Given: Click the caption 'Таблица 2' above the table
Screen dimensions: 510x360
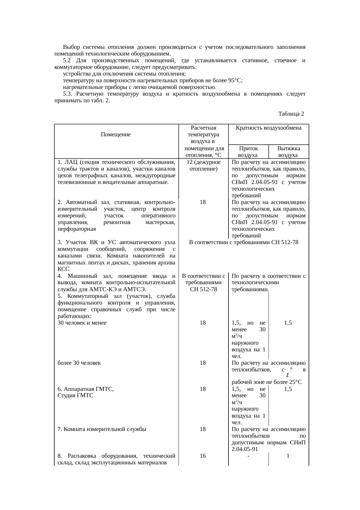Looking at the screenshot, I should pos(291,114).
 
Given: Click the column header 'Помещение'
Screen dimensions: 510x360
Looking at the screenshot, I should pos(116,135).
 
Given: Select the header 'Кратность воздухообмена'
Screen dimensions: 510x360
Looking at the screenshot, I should pos(268,128).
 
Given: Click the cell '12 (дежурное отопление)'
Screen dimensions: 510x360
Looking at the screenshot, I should pos(203,165).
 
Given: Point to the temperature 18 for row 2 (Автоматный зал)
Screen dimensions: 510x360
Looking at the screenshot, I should pos(203,202).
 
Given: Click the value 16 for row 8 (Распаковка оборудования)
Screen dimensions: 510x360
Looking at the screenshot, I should pos(203,456).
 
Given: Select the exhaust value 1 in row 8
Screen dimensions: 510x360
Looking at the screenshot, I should pos(288,456).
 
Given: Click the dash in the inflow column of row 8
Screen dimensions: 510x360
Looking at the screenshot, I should pos(249,456).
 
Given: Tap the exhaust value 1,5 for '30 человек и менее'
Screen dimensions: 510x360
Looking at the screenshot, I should pos(288,323).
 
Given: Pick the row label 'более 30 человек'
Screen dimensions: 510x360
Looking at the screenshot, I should pos(79,363).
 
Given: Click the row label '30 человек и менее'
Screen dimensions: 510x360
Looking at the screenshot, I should pos(82,323).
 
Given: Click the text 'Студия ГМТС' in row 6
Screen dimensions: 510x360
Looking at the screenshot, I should pos(75,396).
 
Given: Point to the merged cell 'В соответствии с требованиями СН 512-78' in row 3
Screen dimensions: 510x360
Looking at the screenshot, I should pos(244,242).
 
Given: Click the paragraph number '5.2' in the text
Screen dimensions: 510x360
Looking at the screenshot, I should pos(67,60).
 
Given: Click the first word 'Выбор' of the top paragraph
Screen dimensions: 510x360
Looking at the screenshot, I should pos(71,47).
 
